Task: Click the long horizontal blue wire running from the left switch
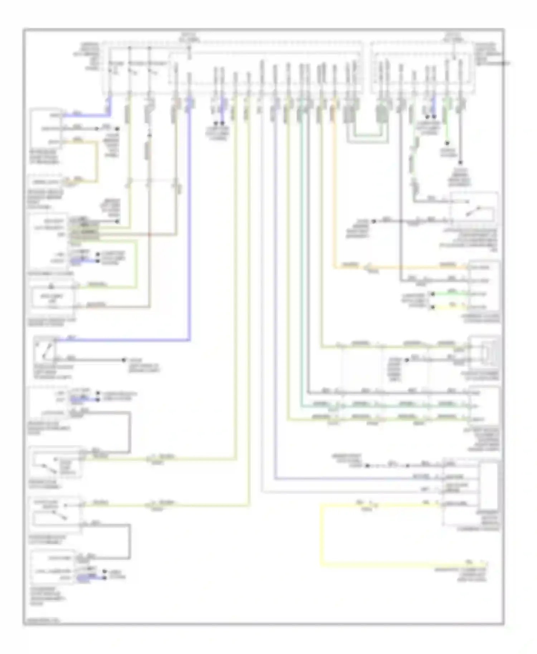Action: pyautogui.click(x=122, y=340)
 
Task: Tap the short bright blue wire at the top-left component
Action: pyautogui.click(x=86, y=116)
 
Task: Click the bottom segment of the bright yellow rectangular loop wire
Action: pyautogui.click(x=394, y=566)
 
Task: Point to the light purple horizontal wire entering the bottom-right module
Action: pyautogui.click(x=358, y=479)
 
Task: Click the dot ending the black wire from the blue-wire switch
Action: pyautogui.click(x=124, y=360)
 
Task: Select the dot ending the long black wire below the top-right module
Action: pyautogui.click(x=460, y=162)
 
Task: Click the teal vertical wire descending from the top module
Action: pyautogui.click(x=303, y=250)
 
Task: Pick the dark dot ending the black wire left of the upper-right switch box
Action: pyautogui.click(x=374, y=221)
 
